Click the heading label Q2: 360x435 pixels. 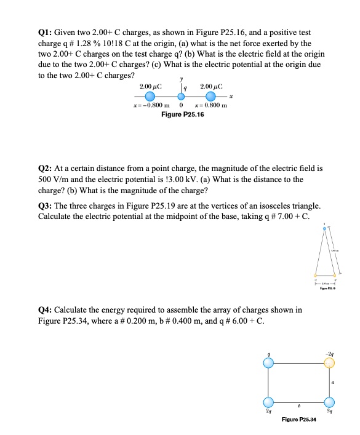46,167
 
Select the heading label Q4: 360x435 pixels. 46,309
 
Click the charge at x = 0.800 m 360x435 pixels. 211,97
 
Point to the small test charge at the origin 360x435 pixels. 181,97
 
